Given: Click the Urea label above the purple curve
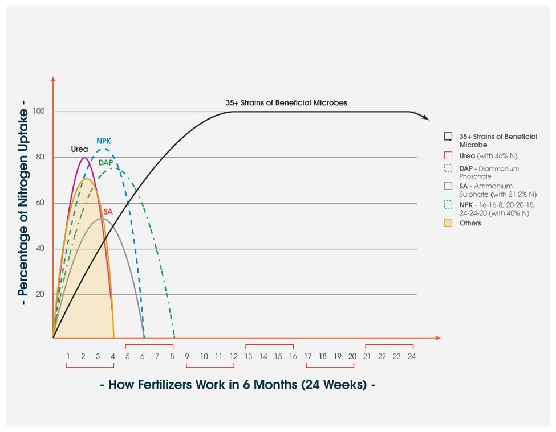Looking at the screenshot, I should click(79, 149).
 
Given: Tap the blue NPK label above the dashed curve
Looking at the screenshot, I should click(104, 141).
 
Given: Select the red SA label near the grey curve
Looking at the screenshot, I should click(108, 212).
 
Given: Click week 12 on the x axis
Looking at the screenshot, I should click(233, 356).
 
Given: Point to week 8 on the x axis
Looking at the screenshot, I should click(172, 356).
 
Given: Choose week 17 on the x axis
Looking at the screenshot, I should click(308, 356).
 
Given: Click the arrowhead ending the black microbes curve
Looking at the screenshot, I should click(426, 117).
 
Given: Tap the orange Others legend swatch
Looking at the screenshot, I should click(448, 223).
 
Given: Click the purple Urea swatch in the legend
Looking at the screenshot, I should click(448, 155).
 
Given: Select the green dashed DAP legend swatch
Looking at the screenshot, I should click(448, 168).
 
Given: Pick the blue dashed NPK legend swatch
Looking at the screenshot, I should click(448, 204).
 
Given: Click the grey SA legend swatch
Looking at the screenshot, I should click(448, 186).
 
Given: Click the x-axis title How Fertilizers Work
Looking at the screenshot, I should click(237, 384).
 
